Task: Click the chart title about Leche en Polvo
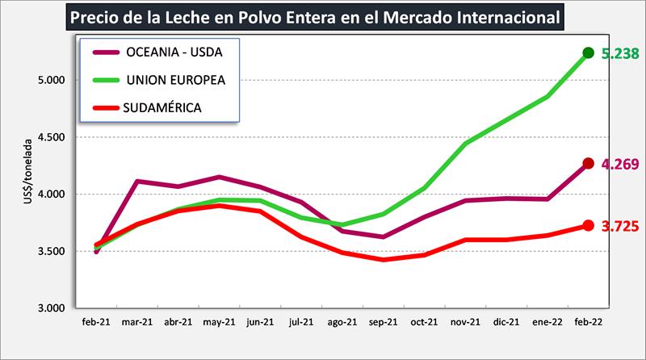[x=315, y=17]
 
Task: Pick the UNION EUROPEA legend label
[x=176, y=81]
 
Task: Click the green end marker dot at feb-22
[x=589, y=53]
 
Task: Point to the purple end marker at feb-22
[x=589, y=164]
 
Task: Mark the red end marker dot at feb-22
[x=589, y=226]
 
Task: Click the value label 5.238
[x=620, y=54]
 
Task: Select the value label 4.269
[x=620, y=165]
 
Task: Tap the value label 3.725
[x=620, y=227]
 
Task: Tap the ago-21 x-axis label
[x=342, y=322]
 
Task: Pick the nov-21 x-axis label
[x=465, y=322]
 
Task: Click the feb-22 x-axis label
[x=588, y=322]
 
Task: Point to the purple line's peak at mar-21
[x=138, y=181]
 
